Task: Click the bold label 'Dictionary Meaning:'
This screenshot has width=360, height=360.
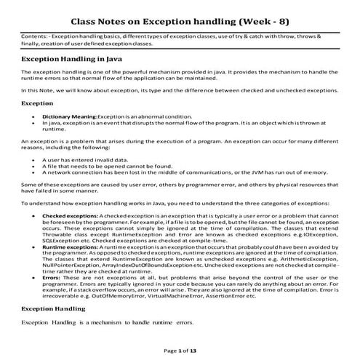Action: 69,116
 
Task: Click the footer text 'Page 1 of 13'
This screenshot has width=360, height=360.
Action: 180,350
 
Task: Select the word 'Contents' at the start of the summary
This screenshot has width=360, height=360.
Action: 33,34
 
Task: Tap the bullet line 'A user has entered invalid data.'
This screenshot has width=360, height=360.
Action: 84,167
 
